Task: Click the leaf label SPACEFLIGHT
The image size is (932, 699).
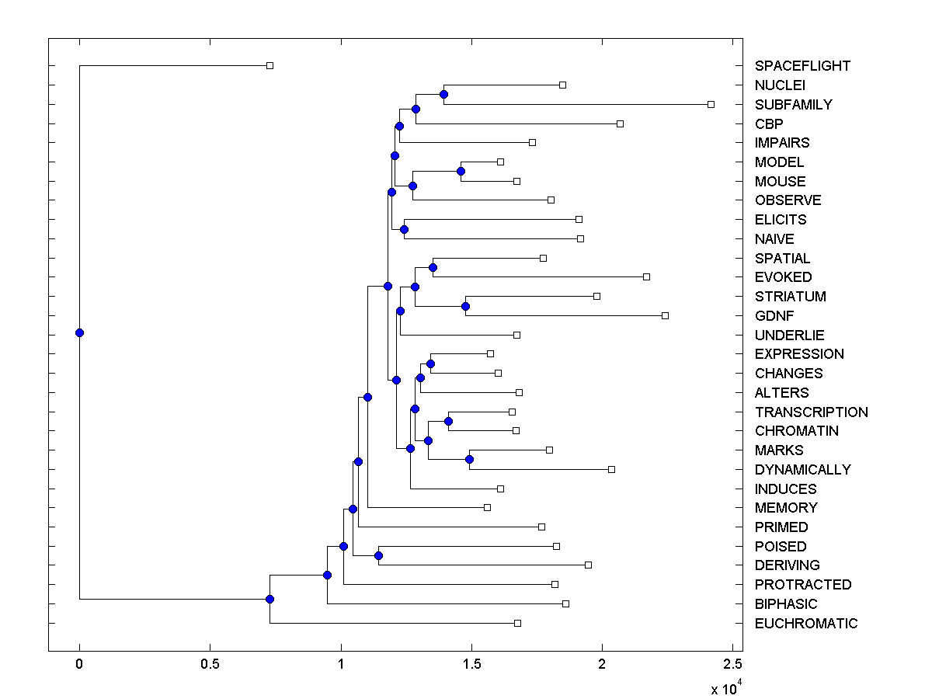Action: point(802,66)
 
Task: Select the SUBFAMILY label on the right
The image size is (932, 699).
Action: point(793,104)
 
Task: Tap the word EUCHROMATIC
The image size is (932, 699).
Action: point(806,624)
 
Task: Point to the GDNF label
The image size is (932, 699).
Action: point(774,316)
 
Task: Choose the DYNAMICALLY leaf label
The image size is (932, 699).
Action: point(802,470)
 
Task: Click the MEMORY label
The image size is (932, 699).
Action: point(786,508)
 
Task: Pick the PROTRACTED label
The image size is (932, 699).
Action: point(803,585)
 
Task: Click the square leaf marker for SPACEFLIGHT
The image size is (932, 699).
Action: point(270,65)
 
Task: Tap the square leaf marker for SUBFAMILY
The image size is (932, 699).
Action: point(711,104)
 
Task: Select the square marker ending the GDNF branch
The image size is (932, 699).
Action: point(665,315)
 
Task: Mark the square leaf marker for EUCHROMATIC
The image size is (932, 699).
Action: point(517,623)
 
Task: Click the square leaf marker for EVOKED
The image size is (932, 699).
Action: point(646,276)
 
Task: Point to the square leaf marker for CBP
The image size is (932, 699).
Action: point(620,123)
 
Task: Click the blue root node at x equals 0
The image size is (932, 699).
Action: point(79,332)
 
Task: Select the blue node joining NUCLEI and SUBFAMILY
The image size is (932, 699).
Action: point(443,94)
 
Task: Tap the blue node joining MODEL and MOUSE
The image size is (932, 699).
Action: point(461,171)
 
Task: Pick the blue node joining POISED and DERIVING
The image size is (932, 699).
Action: point(378,555)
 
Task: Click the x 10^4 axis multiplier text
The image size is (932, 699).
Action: point(726,687)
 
